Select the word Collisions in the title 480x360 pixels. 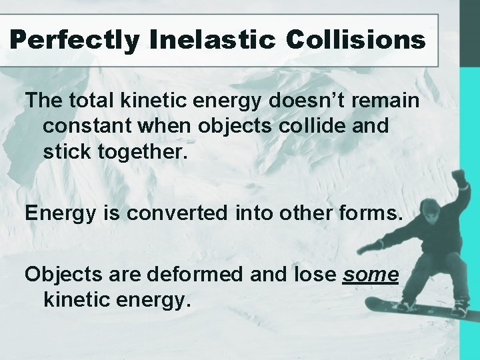pyautogui.click(x=355, y=40)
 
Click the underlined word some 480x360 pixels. pyautogui.click(x=371, y=274)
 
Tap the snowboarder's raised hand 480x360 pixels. pyautogui.click(x=459, y=178)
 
